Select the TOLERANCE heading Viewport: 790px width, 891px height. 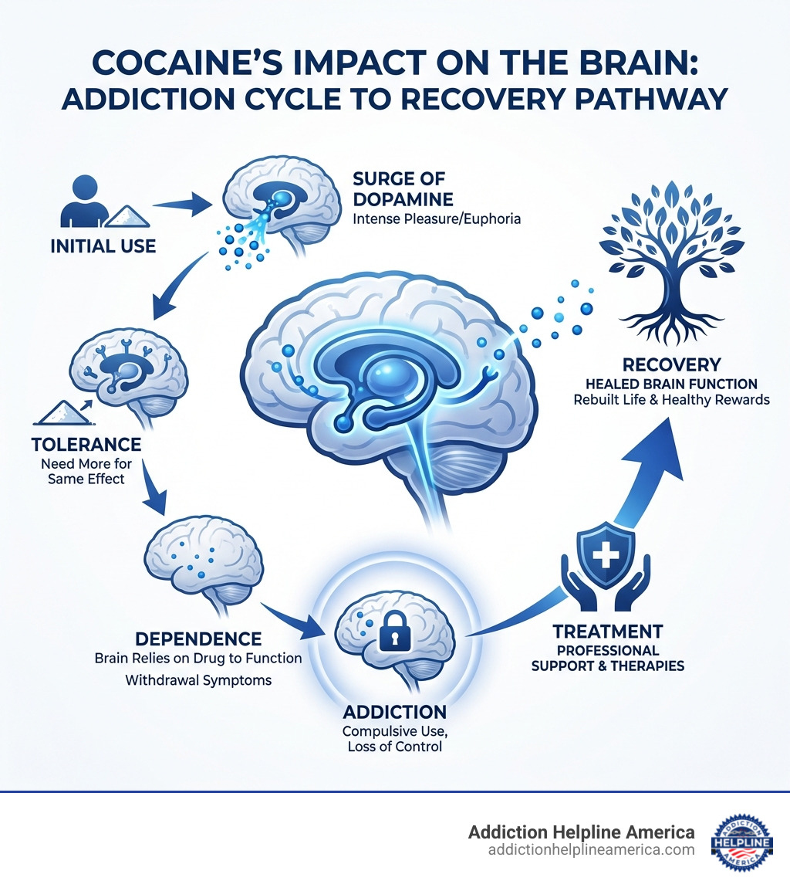coord(86,445)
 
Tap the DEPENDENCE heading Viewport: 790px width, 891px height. coord(197,639)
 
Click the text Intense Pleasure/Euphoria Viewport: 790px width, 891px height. coord(436,219)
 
